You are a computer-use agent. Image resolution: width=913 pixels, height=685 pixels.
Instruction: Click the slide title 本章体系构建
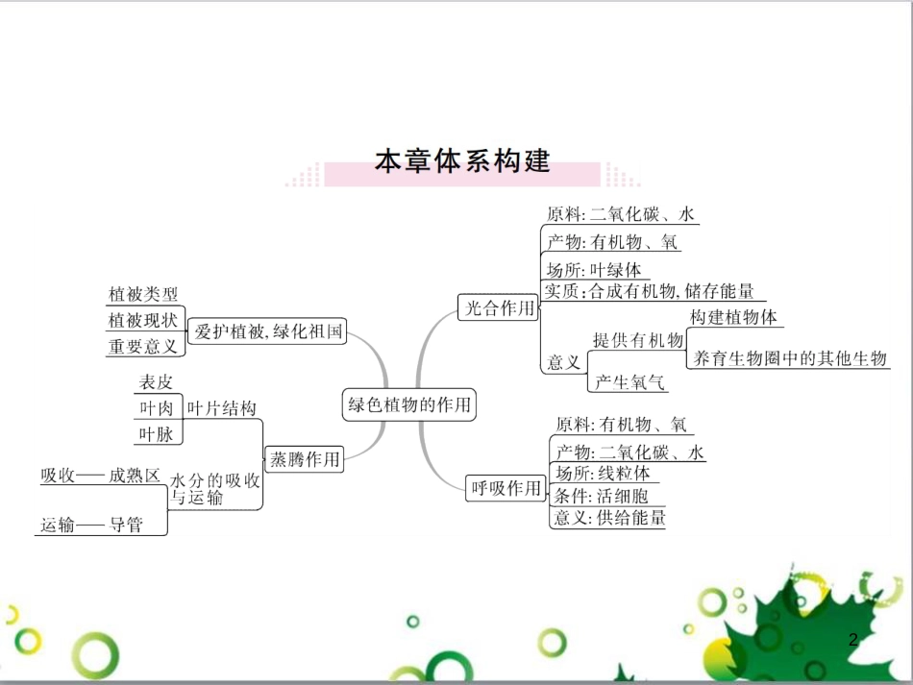point(461,160)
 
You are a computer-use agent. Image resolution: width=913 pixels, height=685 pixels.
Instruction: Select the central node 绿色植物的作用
point(409,404)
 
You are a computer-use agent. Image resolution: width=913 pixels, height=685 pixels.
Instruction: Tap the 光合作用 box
point(498,307)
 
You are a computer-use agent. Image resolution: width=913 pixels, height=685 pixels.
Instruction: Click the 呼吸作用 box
point(505,488)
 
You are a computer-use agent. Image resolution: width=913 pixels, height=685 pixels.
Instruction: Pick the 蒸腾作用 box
point(305,459)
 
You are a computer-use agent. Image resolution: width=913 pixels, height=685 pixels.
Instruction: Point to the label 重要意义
point(143,346)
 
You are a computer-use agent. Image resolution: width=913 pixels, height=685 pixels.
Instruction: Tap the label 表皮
point(156,382)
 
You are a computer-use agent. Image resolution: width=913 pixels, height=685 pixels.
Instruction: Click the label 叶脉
point(156,434)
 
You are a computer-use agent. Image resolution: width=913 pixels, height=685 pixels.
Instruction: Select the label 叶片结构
point(222,408)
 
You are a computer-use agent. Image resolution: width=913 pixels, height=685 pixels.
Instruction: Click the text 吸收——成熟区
point(100,475)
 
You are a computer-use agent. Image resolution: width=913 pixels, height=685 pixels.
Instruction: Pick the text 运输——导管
point(91,525)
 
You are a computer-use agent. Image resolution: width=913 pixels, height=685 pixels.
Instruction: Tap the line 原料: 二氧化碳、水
point(621,214)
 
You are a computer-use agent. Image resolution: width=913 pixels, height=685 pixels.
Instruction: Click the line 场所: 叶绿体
point(593,270)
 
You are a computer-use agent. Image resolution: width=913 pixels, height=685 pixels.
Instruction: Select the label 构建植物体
point(734,317)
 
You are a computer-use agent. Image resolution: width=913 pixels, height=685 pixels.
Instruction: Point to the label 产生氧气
point(629,381)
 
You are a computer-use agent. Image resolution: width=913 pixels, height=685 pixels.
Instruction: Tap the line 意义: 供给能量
point(609,517)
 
